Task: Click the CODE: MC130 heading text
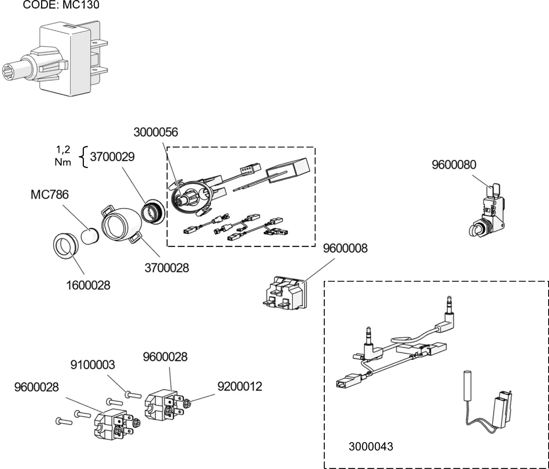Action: point(61,5)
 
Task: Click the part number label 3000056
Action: point(156,132)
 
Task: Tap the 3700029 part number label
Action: point(112,157)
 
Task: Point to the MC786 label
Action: point(50,195)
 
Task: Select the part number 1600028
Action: point(88,285)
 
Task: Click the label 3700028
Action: point(167,268)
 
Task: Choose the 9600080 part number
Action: point(454,165)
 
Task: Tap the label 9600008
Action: point(345,248)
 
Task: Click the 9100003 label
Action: point(92,365)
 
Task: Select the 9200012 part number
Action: point(240,387)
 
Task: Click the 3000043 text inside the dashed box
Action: point(371,446)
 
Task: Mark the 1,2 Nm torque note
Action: point(63,156)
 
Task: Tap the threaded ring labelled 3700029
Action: point(152,212)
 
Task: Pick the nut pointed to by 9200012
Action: point(187,404)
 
